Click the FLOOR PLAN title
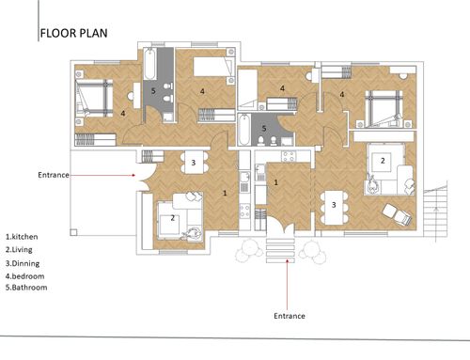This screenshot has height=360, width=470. [x=74, y=33]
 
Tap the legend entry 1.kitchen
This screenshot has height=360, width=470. [x=22, y=237]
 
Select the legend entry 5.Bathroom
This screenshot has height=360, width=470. [x=26, y=288]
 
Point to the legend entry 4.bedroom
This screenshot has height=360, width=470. [x=24, y=276]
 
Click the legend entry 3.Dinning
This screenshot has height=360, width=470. [x=23, y=263]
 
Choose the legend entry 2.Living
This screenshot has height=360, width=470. [x=19, y=250]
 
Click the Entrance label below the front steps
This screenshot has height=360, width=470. [x=290, y=316]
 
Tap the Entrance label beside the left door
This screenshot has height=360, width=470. [x=54, y=175]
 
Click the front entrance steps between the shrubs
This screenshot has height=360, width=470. [x=280, y=251]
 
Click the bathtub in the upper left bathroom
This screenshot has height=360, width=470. [x=150, y=64]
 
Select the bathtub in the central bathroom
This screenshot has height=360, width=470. [x=244, y=130]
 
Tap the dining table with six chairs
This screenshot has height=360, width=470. [x=334, y=208]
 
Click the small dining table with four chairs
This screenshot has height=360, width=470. [x=194, y=163]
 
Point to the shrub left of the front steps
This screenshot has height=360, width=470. [x=249, y=250]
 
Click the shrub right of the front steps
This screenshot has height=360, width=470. [x=313, y=252]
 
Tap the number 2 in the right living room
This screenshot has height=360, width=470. [x=383, y=161]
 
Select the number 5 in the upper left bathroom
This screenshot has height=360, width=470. [x=153, y=91]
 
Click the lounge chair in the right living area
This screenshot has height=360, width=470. [x=397, y=214]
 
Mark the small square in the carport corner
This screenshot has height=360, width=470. [x=73, y=232]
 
